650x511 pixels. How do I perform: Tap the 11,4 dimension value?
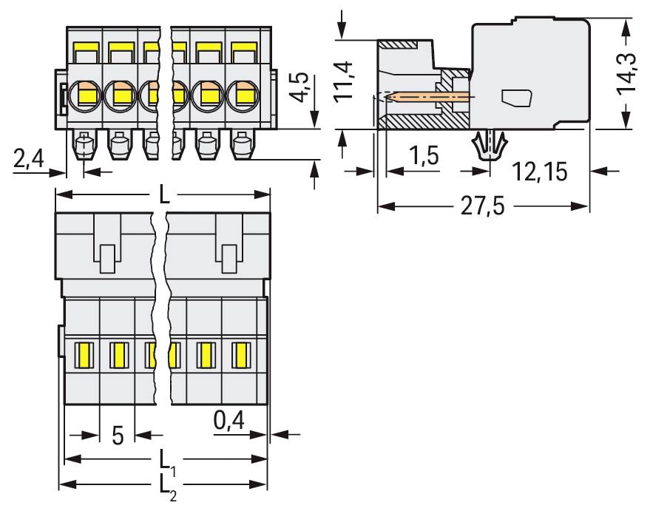pos(344,81)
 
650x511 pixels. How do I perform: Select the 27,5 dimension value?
pos(483,206)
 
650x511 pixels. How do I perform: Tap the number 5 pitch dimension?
pos(118,435)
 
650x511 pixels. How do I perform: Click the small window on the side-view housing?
pos(517,97)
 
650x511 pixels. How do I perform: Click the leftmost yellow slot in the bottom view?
pos(83,355)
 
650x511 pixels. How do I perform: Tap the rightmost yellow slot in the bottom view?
pos(240,355)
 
